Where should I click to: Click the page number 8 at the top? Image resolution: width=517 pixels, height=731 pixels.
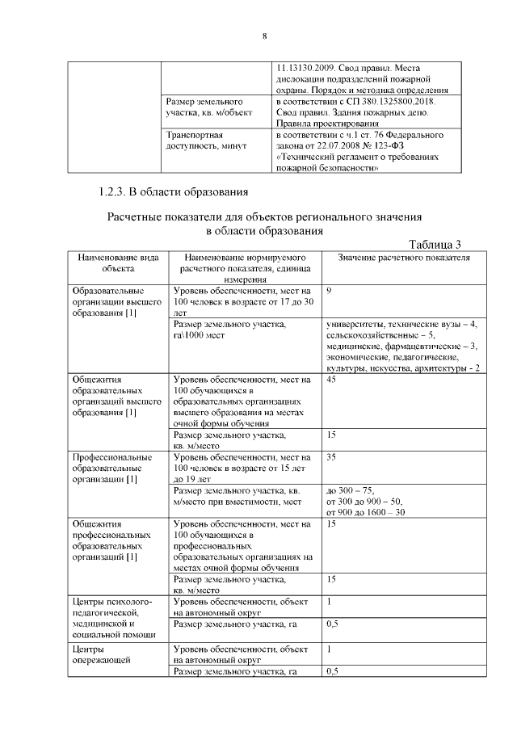click(264, 36)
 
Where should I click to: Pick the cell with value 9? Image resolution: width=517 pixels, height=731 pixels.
click(330, 290)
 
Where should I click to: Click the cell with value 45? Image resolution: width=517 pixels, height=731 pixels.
click(331, 380)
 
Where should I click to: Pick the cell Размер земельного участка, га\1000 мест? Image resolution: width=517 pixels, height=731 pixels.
click(229, 330)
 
